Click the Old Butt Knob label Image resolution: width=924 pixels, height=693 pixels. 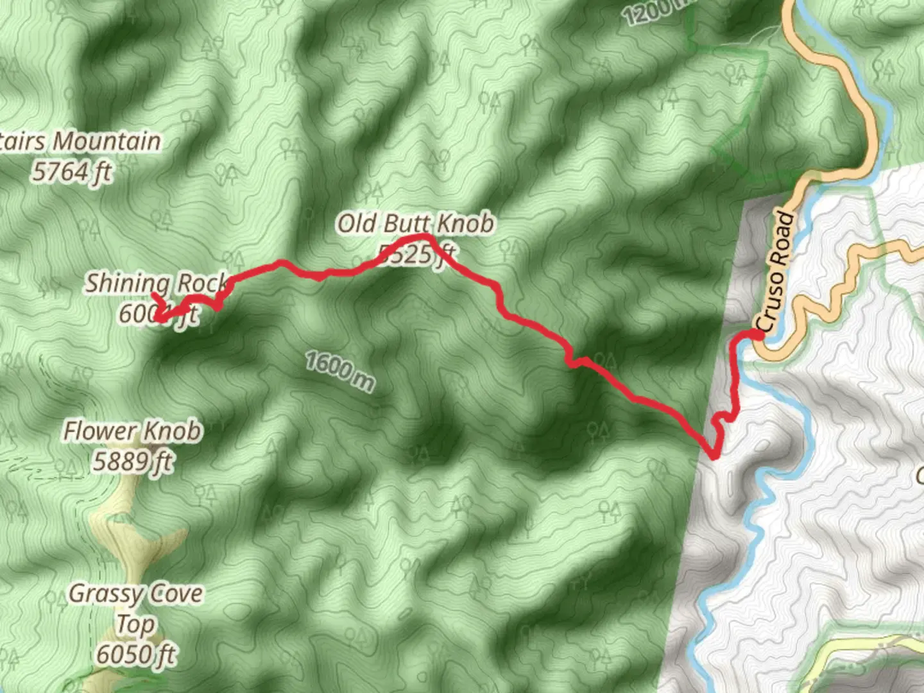click(x=416, y=224)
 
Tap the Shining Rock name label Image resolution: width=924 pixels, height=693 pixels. click(x=157, y=283)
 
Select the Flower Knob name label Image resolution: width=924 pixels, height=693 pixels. click(x=132, y=431)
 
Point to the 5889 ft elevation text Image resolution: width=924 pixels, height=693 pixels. click(x=132, y=461)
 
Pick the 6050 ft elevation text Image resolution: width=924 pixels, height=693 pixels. click(x=136, y=655)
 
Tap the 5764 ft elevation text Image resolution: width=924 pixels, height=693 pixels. click(x=72, y=172)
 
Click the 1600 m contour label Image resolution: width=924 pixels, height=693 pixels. click(x=339, y=371)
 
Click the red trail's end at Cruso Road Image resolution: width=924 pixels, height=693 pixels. click(x=760, y=334)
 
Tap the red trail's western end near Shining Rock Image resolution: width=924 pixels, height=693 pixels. click(x=154, y=295)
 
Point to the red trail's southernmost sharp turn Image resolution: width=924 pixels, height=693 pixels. click(x=714, y=457)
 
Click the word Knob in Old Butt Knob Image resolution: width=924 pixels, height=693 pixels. click(x=466, y=224)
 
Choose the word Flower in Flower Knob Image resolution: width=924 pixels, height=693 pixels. click(x=98, y=431)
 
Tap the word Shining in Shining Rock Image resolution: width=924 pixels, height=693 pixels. click(x=128, y=283)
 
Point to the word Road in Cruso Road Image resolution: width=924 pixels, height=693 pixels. click(x=783, y=239)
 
